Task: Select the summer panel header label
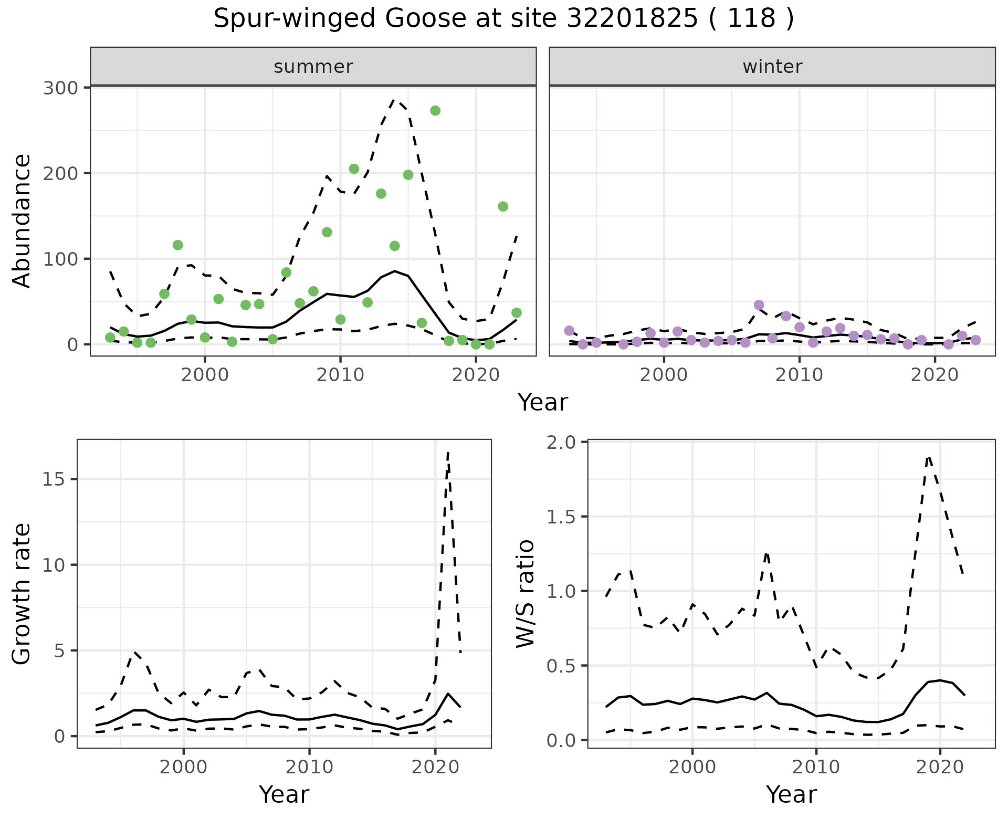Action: coord(313,67)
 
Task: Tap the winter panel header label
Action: coord(772,67)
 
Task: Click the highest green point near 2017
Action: coord(435,111)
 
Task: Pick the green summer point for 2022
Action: coord(503,207)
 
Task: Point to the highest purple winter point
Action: coord(759,305)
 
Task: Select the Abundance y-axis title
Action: coord(22,221)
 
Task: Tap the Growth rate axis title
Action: coord(22,594)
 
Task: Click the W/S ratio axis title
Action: coord(526,594)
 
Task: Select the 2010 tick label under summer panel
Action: coord(340,375)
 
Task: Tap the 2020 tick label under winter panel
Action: coord(934,375)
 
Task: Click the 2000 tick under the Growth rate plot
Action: coord(183,767)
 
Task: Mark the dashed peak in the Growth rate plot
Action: coord(448,453)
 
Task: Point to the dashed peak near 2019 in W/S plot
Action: coord(929,457)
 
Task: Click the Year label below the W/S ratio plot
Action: coord(791,794)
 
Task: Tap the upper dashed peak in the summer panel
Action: coord(395,100)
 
